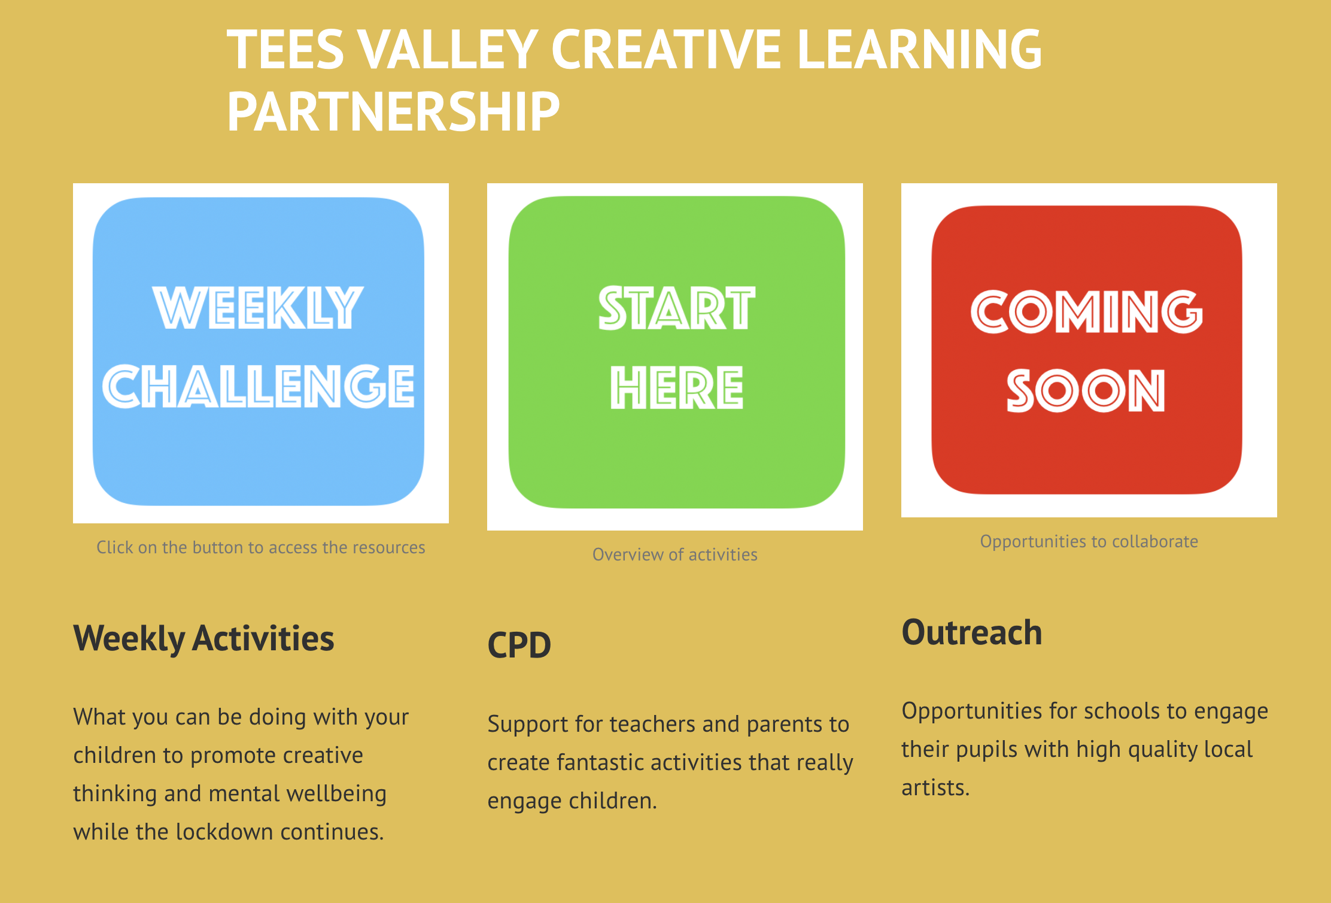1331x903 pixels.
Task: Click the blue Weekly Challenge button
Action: [x=259, y=351]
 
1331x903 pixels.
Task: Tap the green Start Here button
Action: [x=677, y=352]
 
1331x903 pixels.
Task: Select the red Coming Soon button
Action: [x=1087, y=350]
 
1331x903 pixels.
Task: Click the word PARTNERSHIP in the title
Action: [x=393, y=111]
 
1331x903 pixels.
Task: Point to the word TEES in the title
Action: [x=285, y=49]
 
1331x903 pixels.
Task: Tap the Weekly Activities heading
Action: [x=203, y=638]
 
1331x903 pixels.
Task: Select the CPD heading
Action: [x=519, y=645]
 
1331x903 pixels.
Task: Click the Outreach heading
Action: [x=972, y=632]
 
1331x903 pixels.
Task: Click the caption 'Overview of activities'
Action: [x=675, y=554]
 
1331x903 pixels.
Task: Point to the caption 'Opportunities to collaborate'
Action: [x=1089, y=541]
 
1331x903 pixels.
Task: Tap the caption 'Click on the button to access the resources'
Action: [x=261, y=547]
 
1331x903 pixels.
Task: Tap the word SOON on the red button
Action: [x=1086, y=391]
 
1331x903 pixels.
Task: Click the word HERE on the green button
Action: [x=677, y=388]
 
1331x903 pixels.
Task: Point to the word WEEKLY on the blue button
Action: [x=258, y=308]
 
